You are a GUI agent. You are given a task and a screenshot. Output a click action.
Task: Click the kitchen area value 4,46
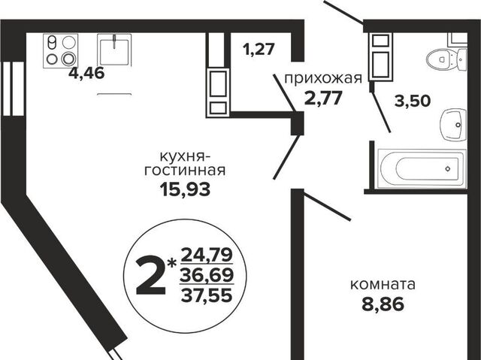(86, 74)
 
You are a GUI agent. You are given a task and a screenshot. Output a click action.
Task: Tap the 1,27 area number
(258, 49)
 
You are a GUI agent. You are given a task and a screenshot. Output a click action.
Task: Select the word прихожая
(323, 79)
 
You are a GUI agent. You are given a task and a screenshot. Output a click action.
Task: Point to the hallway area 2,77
(322, 98)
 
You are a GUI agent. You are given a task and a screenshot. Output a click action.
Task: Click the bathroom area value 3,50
(413, 101)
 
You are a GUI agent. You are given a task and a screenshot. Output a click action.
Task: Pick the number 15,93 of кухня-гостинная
(185, 189)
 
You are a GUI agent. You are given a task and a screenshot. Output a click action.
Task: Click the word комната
(383, 285)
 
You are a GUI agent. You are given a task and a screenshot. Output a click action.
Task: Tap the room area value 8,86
(383, 304)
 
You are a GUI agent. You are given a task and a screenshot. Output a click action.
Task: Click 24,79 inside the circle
(207, 256)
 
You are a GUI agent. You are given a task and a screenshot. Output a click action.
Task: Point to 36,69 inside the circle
(207, 276)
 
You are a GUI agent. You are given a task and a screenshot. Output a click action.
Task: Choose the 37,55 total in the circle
(207, 295)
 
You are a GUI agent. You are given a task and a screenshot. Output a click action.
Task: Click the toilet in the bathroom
(446, 59)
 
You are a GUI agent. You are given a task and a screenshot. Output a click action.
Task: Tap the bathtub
(422, 168)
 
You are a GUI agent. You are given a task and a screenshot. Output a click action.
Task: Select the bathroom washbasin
(454, 125)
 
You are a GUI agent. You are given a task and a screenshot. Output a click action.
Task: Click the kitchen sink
(114, 50)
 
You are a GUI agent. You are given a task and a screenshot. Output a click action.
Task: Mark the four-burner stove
(61, 50)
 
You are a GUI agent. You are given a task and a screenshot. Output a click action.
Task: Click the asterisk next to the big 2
(173, 263)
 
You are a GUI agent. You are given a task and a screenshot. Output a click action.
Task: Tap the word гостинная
(185, 171)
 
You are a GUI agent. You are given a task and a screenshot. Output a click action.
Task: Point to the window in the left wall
(13, 89)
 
